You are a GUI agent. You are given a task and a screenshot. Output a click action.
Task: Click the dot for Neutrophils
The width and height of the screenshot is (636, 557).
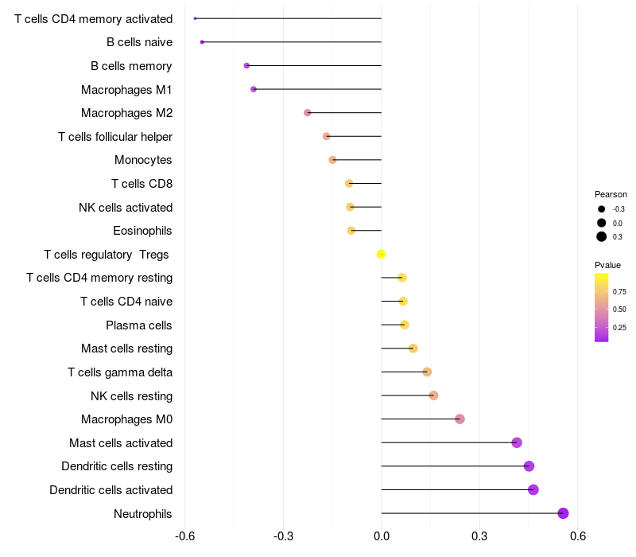(563, 513)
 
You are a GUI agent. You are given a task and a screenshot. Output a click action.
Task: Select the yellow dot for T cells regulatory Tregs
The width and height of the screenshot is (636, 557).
(381, 254)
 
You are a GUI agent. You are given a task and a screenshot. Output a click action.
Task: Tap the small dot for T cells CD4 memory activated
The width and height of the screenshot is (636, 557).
(195, 18)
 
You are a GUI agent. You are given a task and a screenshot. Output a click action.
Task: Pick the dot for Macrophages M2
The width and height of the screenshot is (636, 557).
(308, 112)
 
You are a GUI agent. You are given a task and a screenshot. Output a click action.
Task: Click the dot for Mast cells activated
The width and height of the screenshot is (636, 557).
(517, 442)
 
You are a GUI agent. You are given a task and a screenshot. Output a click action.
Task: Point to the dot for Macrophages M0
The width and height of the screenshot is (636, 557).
(460, 419)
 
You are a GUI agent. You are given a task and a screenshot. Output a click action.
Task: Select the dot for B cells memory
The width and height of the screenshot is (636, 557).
(246, 66)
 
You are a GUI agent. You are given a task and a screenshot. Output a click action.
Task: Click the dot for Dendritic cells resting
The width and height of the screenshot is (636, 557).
(529, 466)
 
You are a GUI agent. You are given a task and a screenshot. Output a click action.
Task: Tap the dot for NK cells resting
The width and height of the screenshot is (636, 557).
(433, 395)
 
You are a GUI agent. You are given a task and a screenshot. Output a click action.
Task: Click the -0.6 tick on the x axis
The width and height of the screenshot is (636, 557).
(185, 536)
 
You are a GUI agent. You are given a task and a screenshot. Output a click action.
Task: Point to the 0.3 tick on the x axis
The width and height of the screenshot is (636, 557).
(479, 536)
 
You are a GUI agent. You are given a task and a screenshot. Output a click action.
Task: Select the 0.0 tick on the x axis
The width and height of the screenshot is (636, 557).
(382, 536)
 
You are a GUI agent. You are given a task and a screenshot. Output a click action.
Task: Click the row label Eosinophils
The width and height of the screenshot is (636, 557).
(142, 231)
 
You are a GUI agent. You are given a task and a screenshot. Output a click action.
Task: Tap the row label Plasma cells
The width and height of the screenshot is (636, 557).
(138, 325)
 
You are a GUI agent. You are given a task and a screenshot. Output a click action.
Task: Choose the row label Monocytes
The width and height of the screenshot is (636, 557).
(143, 160)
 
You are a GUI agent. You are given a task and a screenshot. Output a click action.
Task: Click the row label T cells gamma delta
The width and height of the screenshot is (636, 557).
(120, 372)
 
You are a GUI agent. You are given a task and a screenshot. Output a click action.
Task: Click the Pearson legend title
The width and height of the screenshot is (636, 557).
(611, 194)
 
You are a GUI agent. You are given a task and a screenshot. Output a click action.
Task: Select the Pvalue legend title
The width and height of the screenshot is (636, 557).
(607, 265)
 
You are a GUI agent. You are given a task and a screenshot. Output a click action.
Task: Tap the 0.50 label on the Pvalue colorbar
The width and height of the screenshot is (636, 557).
(619, 310)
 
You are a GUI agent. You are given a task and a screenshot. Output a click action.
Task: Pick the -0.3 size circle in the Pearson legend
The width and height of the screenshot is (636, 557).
(602, 209)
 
